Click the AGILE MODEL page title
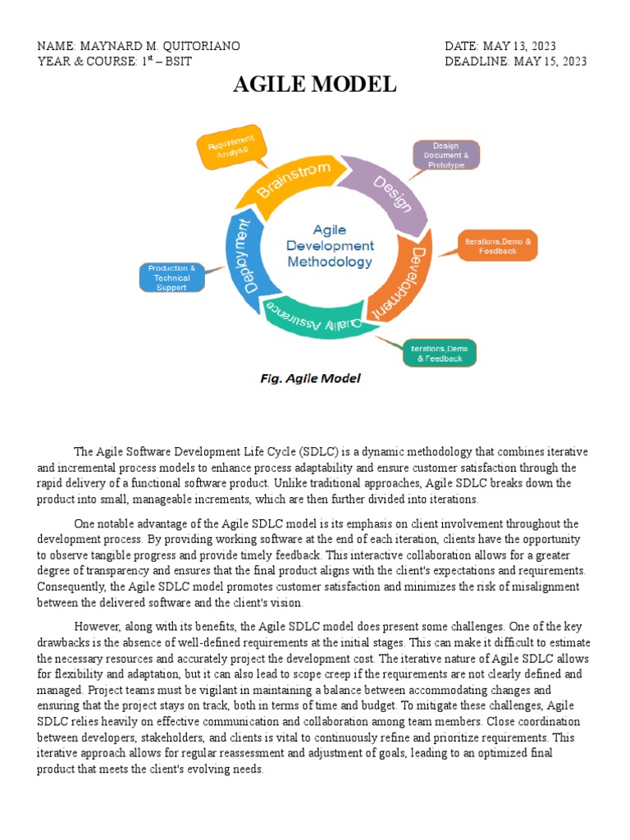315,84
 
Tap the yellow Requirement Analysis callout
232,147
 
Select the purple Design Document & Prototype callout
445,155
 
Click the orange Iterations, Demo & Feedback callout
498,245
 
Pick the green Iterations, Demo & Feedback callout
439,353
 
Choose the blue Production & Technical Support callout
171,277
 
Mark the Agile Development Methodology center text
330,246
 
